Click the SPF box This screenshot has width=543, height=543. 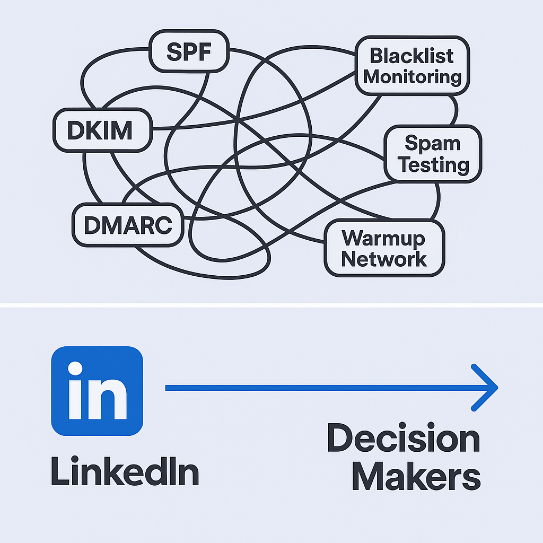(189, 52)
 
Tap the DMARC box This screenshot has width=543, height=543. (128, 225)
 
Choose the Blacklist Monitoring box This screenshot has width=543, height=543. (413, 66)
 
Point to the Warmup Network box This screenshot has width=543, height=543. (384, 248)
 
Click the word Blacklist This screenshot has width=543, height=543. (412, 55)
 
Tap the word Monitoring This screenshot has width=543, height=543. (413, 77)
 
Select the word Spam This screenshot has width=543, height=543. (432, 143)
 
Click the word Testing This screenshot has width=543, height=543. (433, 164)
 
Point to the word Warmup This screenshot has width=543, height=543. (383, 238)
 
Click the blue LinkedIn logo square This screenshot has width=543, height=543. (97, 391)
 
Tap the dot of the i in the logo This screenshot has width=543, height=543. (76, 369)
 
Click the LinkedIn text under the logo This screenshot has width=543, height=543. (125, 471)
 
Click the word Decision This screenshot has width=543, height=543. (403, 440)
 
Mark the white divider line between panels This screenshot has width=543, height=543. (271, 305)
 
